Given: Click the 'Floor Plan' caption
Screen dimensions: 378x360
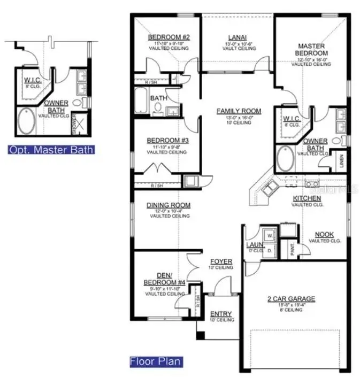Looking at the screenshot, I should coord(156,361).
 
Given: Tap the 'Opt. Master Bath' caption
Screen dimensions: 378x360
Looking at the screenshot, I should coord(51,150).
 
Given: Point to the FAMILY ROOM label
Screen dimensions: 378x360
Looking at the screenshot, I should coord(239,111).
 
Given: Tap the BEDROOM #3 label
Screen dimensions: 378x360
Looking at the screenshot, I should coord(165,141).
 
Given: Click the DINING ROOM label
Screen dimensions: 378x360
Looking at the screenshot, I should coord(168,205).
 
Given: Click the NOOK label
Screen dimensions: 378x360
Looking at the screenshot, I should coord(325,234).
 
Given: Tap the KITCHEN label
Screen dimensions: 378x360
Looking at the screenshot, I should coord(307,198).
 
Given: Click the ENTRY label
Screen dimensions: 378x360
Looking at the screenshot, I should coord(221,313).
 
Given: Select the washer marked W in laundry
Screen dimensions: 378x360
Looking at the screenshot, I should coord(269,235).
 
